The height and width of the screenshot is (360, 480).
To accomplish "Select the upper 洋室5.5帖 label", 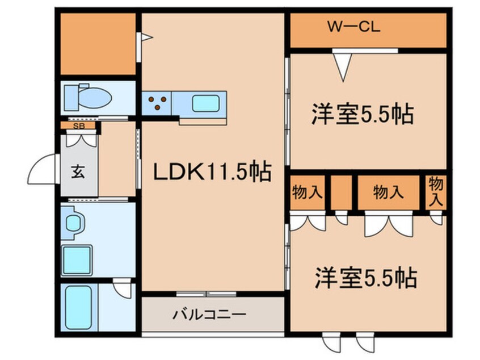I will pyautogui.click(x=361, y=114).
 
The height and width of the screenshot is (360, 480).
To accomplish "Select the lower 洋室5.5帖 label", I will pyautogui.click(x=366, y=278).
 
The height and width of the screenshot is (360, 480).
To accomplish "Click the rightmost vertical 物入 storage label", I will pyautogui.click(x=435, y=192).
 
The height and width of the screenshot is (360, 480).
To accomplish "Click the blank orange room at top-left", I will pyautogui.click(x=98, y=44).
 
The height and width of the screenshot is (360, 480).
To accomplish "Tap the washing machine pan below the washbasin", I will pyautogui.click(x=77, y=260).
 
